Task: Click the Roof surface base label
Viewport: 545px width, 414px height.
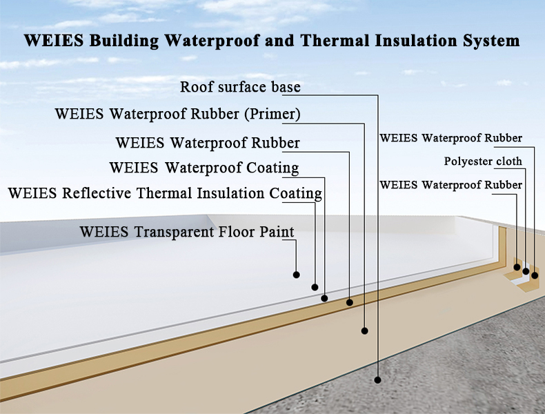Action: pyautogui.click(x=240, y=88)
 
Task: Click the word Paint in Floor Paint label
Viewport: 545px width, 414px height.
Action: pyautogui.click(x=277, y=232)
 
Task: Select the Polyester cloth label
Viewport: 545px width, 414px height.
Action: pyautogui.click(x=483, y=162)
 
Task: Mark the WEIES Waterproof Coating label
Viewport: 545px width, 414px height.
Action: pyautogui.click(x=204, y=168)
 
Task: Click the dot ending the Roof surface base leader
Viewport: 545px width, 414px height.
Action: pyautogui.click(x=378, y=379)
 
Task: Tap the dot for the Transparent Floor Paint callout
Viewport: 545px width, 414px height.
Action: pyautogui.click(x=296, y=275)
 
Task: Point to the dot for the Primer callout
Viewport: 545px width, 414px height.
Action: pyautogui.click(x=364, y=331)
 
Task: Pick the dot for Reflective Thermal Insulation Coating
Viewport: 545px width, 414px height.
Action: pyautogui.click(x=315, y=287)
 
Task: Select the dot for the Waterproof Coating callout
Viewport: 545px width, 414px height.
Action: pyautogui.click(x=324, y=298)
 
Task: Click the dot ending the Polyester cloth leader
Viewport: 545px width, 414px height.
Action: pyautogui.click(x=526, y=271)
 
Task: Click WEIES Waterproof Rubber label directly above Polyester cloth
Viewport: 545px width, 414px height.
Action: pyautogui.click(x=451, y=138)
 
